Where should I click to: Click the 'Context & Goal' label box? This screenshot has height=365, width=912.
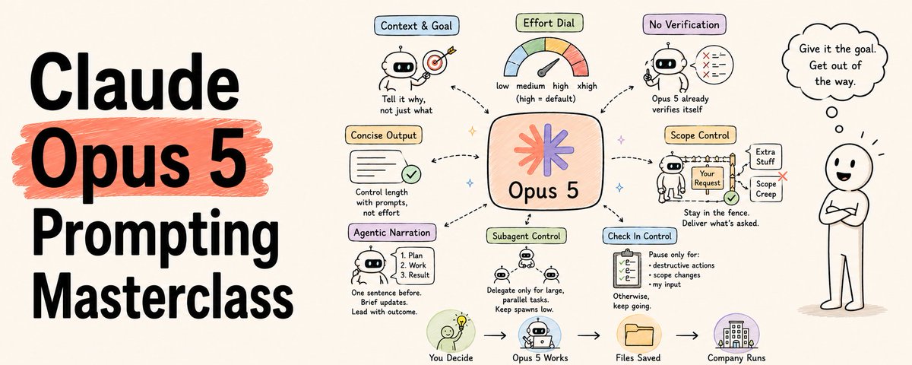point(416,26)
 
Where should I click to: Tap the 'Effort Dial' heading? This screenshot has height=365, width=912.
point(549,23)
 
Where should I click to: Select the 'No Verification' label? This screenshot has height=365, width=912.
point(684,24)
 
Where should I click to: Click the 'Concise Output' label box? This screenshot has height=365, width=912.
point(384,135)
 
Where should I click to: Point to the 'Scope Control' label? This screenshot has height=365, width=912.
point(700,135)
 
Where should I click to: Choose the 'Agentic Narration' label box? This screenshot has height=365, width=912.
point(391,233)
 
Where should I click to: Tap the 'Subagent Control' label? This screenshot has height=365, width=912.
point(527,236)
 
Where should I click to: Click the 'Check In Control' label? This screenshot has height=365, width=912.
point(639,236)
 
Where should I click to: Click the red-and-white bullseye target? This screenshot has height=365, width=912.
point(435,62)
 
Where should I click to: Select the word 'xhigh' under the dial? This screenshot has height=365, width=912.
point(587,86)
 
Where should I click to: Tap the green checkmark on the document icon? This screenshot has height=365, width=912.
point(411,174)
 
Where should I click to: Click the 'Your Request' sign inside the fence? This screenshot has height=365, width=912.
point(708,178)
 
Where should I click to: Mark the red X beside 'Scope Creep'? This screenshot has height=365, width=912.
point(782,176)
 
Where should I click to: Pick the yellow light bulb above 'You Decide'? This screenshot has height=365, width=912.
point(461,322)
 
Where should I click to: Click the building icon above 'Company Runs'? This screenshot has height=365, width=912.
point(736,335)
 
